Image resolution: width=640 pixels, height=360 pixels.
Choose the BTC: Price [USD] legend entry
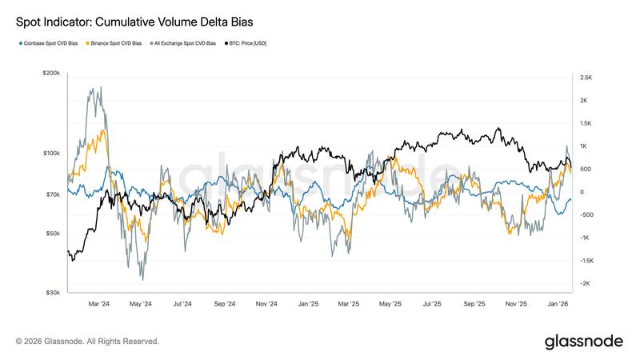click(247, 43)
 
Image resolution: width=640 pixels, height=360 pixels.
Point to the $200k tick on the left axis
click(50, 73)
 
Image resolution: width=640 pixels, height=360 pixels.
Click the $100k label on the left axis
click(50, 153)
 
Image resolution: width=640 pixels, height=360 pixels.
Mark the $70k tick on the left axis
click(52, 194)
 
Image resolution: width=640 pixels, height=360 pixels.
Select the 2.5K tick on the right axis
click(585, 78)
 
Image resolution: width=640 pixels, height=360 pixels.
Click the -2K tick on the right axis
click(584, 284)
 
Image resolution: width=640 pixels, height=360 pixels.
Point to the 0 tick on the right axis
click(582, 192)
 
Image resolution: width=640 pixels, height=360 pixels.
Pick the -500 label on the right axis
click(586, 215)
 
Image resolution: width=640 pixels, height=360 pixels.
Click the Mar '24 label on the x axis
click(98, 304)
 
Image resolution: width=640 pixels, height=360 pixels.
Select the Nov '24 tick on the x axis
click(266, 304)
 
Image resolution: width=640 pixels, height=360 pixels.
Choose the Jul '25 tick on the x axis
click(433, 304)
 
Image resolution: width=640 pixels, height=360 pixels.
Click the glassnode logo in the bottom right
click(583, 342)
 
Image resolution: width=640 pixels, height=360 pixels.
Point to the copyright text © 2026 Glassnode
click(87, 342)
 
